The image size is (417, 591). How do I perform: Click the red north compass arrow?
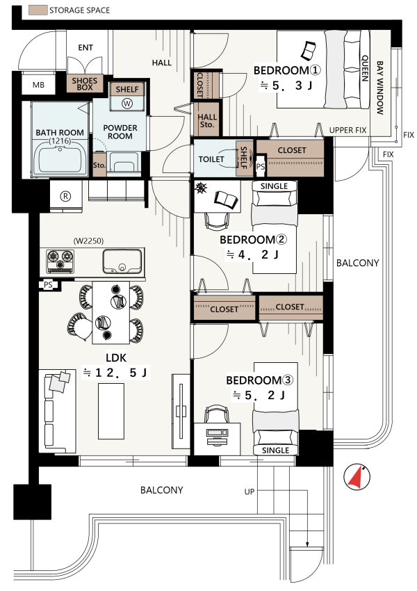(x=356, y=477)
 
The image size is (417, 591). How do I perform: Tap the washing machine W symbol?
(x=127, y=104)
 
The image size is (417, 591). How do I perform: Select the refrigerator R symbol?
(x=66, y=196)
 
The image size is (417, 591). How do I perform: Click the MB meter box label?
(x=38, y=86)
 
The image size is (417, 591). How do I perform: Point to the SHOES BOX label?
(x=85, y=83)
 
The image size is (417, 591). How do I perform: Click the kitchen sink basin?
(x=122, y=261)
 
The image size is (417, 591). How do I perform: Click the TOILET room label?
(x=211, y=159)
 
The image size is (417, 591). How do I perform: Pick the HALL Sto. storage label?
(x=207, y=120)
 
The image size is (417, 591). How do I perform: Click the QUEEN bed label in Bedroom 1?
(x=365, y=68)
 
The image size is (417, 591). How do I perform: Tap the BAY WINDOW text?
(x=379, y=88)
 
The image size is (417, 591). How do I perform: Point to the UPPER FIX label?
(x=347, y=131)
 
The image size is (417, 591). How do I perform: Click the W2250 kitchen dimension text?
(x=88, y=241)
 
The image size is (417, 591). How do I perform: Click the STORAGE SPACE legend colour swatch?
(x=38, y=10)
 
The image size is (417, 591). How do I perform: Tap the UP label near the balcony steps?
(x=250, y=492)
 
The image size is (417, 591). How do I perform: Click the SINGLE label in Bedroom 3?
(x=275, y=451)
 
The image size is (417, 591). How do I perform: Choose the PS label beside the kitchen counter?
(x=48, y=285)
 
